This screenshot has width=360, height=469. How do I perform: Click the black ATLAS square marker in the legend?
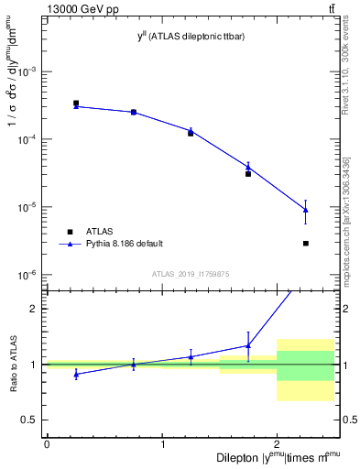point(71,231)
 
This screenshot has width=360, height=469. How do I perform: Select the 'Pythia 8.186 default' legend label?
point(125,244)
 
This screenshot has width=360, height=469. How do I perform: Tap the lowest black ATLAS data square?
point(305,243)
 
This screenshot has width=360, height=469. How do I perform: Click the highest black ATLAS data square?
point(76,104)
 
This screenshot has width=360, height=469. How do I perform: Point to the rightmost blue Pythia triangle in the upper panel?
point(305,210)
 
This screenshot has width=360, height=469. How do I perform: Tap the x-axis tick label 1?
point(162,444)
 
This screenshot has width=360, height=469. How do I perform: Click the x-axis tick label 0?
point(47,444)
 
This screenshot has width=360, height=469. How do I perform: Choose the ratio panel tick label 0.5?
point(32,420)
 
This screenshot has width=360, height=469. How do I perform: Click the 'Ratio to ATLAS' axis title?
point(13,365)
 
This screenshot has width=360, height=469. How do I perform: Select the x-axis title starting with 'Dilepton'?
point(278,456)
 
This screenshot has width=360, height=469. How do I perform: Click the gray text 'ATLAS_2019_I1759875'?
point(191,274)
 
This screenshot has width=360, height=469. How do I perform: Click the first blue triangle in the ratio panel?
point(76,374)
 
